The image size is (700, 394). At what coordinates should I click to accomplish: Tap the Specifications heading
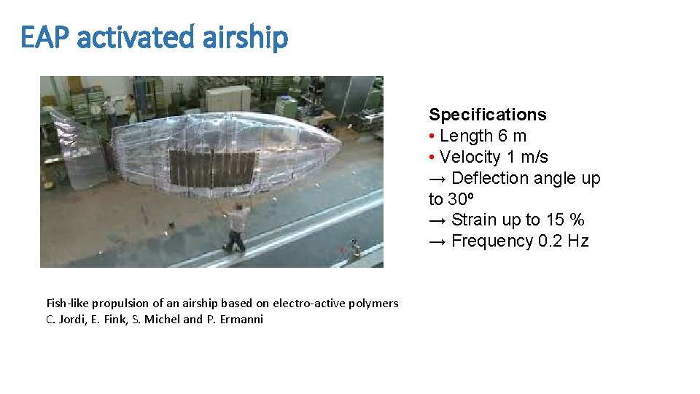point(487,115)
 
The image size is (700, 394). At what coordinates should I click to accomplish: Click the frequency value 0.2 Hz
point(563,241)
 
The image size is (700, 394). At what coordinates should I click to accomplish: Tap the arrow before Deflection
point(437,178)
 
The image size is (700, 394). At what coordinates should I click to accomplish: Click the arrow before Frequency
point(437,241)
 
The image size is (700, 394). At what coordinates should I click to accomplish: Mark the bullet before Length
point(432,136)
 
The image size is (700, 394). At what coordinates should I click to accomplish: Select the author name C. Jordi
point(66,319)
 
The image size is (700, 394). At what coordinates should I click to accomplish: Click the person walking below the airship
point(236,227)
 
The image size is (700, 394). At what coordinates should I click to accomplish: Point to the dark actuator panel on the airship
point(211,167)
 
